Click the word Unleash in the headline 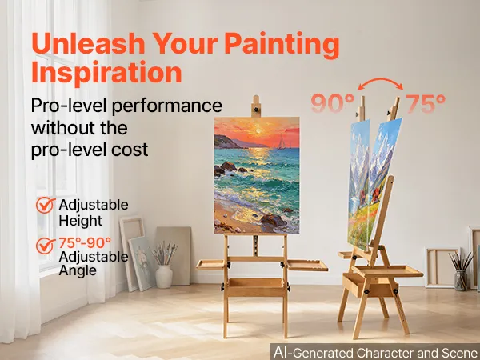click(88, 43)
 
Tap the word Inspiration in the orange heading click(106, 72)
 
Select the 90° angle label click(333, 104)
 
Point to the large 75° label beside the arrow click(426, 104)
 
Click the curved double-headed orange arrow click(381, 79)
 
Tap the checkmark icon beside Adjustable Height click(46, 205)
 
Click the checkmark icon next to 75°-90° click(46, 246)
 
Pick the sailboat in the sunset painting click(281, 142)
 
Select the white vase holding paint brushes click(164, 277)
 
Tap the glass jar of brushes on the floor click(461, 280)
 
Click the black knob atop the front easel click(256, 109)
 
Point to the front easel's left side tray click(210, 265)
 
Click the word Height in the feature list click(81, 221)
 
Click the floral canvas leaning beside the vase click(142, 264)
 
